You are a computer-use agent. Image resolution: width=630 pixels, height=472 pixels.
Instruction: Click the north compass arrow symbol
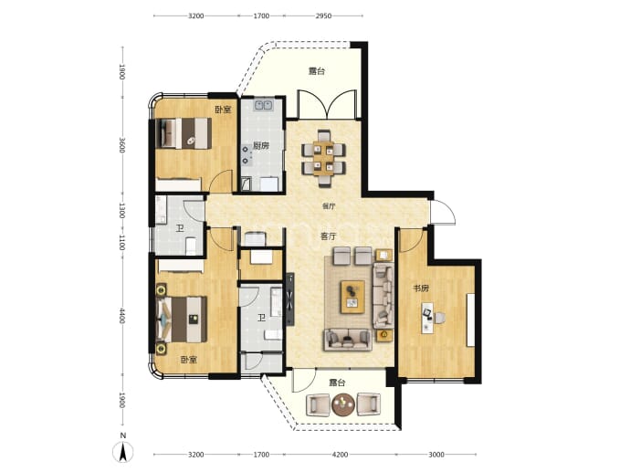click(x=123, y=452)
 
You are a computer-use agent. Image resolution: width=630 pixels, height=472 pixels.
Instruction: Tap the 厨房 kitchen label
click(x=261, y=145)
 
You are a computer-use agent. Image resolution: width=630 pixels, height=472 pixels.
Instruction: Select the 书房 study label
click(x=421, y=288)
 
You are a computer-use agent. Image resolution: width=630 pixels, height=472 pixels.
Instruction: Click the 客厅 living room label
click(x=329, y=236)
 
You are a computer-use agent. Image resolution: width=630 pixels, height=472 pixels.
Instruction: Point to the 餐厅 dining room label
click(x=329, y=206)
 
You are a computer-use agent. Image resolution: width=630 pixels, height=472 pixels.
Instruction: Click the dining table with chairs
click(x=324, y=158)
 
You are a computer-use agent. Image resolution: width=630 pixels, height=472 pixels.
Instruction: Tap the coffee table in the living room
click(x=352, y=297)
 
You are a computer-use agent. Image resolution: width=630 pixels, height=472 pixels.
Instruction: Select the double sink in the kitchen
click(x=263, y=105)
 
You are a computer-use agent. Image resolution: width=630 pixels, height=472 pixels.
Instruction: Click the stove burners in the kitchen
click(x=245, y=155)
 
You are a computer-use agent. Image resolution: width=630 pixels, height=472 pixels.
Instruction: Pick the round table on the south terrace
click(x=343, y=404)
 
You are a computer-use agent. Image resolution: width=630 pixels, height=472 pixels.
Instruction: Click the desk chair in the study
click(x=439, y=318)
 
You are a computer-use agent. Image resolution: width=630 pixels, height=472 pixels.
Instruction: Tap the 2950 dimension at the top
click(x=323, y=16)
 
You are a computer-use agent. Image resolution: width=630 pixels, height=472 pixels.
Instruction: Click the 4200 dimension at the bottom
click(x=340, y=455)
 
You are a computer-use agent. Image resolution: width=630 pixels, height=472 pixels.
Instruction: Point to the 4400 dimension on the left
click(x=122, y=316)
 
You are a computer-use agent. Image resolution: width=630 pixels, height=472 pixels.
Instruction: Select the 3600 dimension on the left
click(x=122, y=145)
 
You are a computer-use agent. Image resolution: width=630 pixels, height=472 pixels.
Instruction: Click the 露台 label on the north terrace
click(x=317, y=71)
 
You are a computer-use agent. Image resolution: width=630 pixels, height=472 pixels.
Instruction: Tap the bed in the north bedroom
click(x=184, y=133)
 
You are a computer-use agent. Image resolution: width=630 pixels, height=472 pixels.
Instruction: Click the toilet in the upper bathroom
click(x=191, y=246)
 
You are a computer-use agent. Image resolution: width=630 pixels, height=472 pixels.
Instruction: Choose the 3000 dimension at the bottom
click(x=436, y=455)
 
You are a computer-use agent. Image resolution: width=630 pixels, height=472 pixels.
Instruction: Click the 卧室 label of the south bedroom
click(x=188, y=360)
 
